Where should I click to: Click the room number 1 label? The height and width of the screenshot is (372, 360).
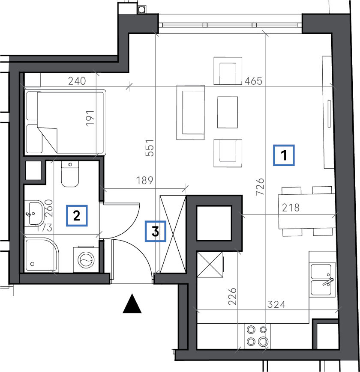coord(284,155)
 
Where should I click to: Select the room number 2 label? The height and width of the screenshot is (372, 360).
coord(77,216)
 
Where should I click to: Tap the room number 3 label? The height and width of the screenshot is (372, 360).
coord(156,231)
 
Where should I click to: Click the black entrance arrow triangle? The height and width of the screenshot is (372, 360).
coord(132,304)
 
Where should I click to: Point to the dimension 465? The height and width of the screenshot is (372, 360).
coord(253,81)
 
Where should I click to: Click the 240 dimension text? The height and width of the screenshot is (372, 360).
coord(77,81)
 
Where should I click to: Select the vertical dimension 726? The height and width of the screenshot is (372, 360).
coord(260,187)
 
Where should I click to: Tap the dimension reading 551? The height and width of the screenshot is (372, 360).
coord(150,148)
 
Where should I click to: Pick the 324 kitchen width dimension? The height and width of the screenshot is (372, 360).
coord(276,304)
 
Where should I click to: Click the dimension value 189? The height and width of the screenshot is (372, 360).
coord(144,181)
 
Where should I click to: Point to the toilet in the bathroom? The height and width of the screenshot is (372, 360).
coord(70,174)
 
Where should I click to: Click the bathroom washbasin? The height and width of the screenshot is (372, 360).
coord(35,213)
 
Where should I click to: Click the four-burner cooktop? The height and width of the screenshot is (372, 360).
coord(257,336)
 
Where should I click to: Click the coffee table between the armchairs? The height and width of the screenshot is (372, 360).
coord(228,112)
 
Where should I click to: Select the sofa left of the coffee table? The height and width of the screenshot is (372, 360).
coord(190,112)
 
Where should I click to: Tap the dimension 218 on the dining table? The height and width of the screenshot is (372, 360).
coord(291,208)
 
